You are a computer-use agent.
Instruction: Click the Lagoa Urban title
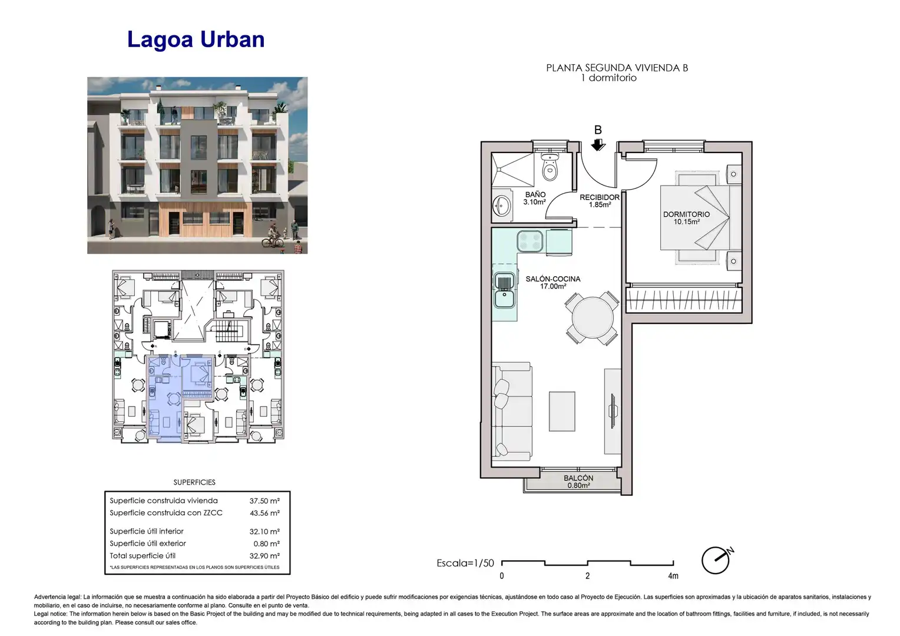point(196,39)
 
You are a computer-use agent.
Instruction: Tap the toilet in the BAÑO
point(550,166)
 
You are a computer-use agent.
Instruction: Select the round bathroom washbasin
point(501,207)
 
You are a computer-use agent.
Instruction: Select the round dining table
point(592,318)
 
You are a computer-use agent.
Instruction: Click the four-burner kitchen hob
point(530,241)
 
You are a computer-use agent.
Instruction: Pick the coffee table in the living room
point(562,412)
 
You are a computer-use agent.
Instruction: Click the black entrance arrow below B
point(598,145)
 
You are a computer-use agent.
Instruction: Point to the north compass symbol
point(717,559)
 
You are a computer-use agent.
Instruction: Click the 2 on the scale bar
point(587,576)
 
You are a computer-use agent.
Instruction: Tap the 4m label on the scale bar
point(673,576)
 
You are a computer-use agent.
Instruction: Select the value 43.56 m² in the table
point(264,513)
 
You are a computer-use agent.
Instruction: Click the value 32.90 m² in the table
point(264,556)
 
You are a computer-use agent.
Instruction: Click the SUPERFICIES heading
point(194,482)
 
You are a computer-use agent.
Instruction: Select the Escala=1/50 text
point(465,563)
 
